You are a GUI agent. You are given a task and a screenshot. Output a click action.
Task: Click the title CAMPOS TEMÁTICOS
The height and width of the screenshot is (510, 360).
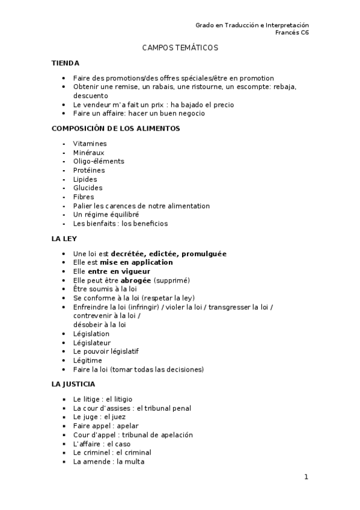(180, 48)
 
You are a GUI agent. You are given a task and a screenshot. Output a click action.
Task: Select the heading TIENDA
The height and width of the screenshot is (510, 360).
(66, 63)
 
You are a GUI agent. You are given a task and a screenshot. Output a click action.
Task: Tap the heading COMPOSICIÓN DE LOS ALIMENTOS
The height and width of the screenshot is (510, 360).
(116, 128)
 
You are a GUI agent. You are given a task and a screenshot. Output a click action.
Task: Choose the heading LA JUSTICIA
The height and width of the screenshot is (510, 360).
(73, 384)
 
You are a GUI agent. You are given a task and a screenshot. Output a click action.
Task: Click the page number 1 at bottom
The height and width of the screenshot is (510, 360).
(306, 478)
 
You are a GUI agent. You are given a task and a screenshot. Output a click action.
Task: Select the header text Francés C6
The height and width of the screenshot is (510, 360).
(292, 32)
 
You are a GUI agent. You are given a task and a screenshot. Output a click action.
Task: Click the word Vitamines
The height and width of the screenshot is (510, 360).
(90, 144)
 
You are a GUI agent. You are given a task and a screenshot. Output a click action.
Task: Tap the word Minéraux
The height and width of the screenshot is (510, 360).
(89, 153)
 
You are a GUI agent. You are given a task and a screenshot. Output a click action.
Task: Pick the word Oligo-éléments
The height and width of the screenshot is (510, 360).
(99, 161)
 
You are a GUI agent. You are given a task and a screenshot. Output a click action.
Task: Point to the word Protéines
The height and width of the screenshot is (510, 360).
(89, 170)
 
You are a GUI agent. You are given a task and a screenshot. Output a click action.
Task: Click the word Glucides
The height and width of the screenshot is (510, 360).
(88, 188)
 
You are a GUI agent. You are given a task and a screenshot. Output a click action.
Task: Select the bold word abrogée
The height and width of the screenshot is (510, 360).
(136, 280)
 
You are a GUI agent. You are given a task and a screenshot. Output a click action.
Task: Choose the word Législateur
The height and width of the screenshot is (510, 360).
(92, 343)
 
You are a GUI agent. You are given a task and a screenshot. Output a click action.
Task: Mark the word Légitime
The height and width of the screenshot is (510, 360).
(88, 360)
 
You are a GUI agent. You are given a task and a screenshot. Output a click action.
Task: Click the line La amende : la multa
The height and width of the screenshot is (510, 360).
(109, 462)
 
